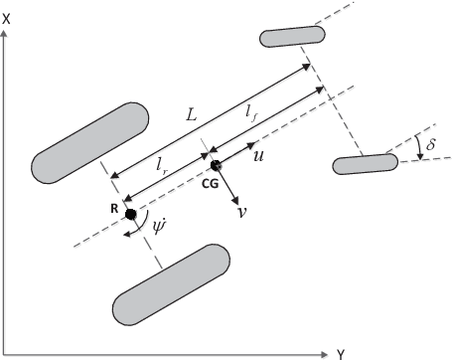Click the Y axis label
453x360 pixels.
click(x=340, y=353)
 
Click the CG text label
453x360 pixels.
click(x=209, y=184)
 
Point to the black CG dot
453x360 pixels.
click(x=216, y=167)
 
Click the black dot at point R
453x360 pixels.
click(x=129, y=212)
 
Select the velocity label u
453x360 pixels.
click(x=258, y=158)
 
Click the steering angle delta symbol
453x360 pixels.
click(x=428, y=147)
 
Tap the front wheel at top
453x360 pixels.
click(x=293, y=36)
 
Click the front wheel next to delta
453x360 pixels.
click(x=365, y=164)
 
